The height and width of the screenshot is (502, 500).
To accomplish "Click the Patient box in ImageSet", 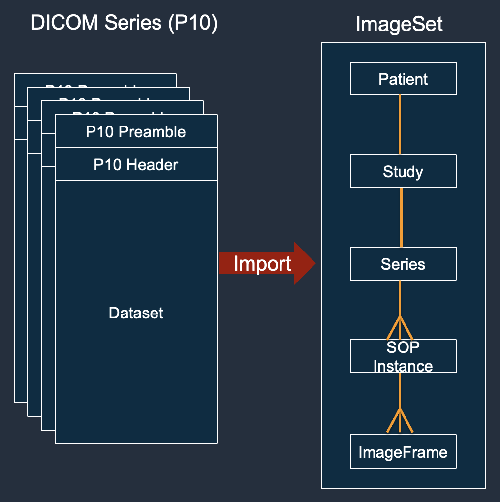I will click(403, 79).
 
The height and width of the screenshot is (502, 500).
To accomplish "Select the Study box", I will click(403, 171).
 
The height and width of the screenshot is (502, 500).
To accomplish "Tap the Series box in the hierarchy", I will click(403, 264).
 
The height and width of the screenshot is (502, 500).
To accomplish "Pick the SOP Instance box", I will click(403, 356).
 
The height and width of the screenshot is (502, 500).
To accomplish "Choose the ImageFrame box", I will click(403, 452).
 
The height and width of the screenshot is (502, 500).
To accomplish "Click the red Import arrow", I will click(266, 264).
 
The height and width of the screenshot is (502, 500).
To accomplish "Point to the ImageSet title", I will click(399, 24).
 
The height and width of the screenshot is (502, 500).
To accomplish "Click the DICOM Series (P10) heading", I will click(124, 23).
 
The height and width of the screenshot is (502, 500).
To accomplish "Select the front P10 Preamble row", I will click(136, 132).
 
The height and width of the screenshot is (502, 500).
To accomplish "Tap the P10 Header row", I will click(136, 164).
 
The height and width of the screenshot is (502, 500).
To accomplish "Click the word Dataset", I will click(136, 313).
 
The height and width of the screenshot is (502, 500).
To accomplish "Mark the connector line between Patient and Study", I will click(400, 125).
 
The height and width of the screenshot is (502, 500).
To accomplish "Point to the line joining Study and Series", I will click(402, 217).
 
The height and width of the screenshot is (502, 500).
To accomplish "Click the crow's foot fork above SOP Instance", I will click(400, 326).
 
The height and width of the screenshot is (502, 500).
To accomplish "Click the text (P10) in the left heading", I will click(192, 23).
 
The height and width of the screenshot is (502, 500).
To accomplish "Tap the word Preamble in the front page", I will click(153, 132).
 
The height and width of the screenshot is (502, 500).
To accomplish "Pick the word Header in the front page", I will click(152, 164).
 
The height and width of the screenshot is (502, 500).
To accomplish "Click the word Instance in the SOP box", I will click(403, 366).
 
